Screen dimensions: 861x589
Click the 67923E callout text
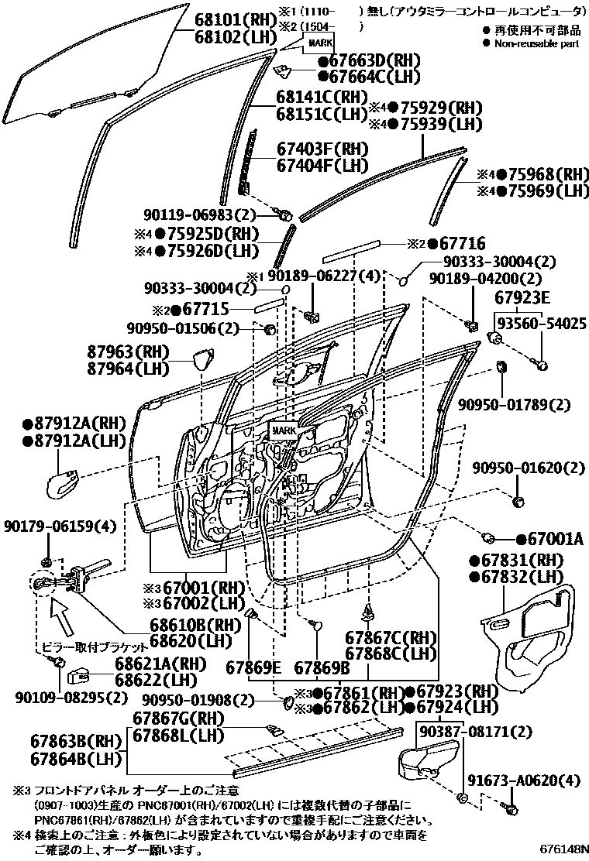[522, 298]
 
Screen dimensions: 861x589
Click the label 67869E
[253, 667]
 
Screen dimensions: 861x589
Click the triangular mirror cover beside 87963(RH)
[205, 361]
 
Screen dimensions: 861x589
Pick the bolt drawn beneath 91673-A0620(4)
[512, 808]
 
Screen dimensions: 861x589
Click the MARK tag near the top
[320, 42]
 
